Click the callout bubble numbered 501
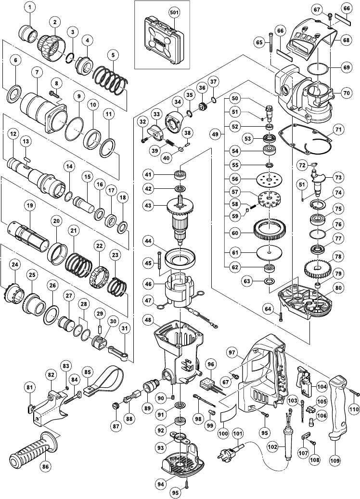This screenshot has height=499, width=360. [x=174, y=13]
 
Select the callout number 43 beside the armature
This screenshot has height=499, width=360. [x=149, y=206]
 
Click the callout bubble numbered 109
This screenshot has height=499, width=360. [x=335, y=460]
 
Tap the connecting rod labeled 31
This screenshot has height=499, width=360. [x=117, y=352]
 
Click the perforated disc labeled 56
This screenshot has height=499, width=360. [x=270, y=179]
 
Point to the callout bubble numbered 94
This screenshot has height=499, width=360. [x=161, y=484]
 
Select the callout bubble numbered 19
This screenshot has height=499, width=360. [x=29, y=206]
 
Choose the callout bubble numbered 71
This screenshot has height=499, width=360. [x=338, y=129]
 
